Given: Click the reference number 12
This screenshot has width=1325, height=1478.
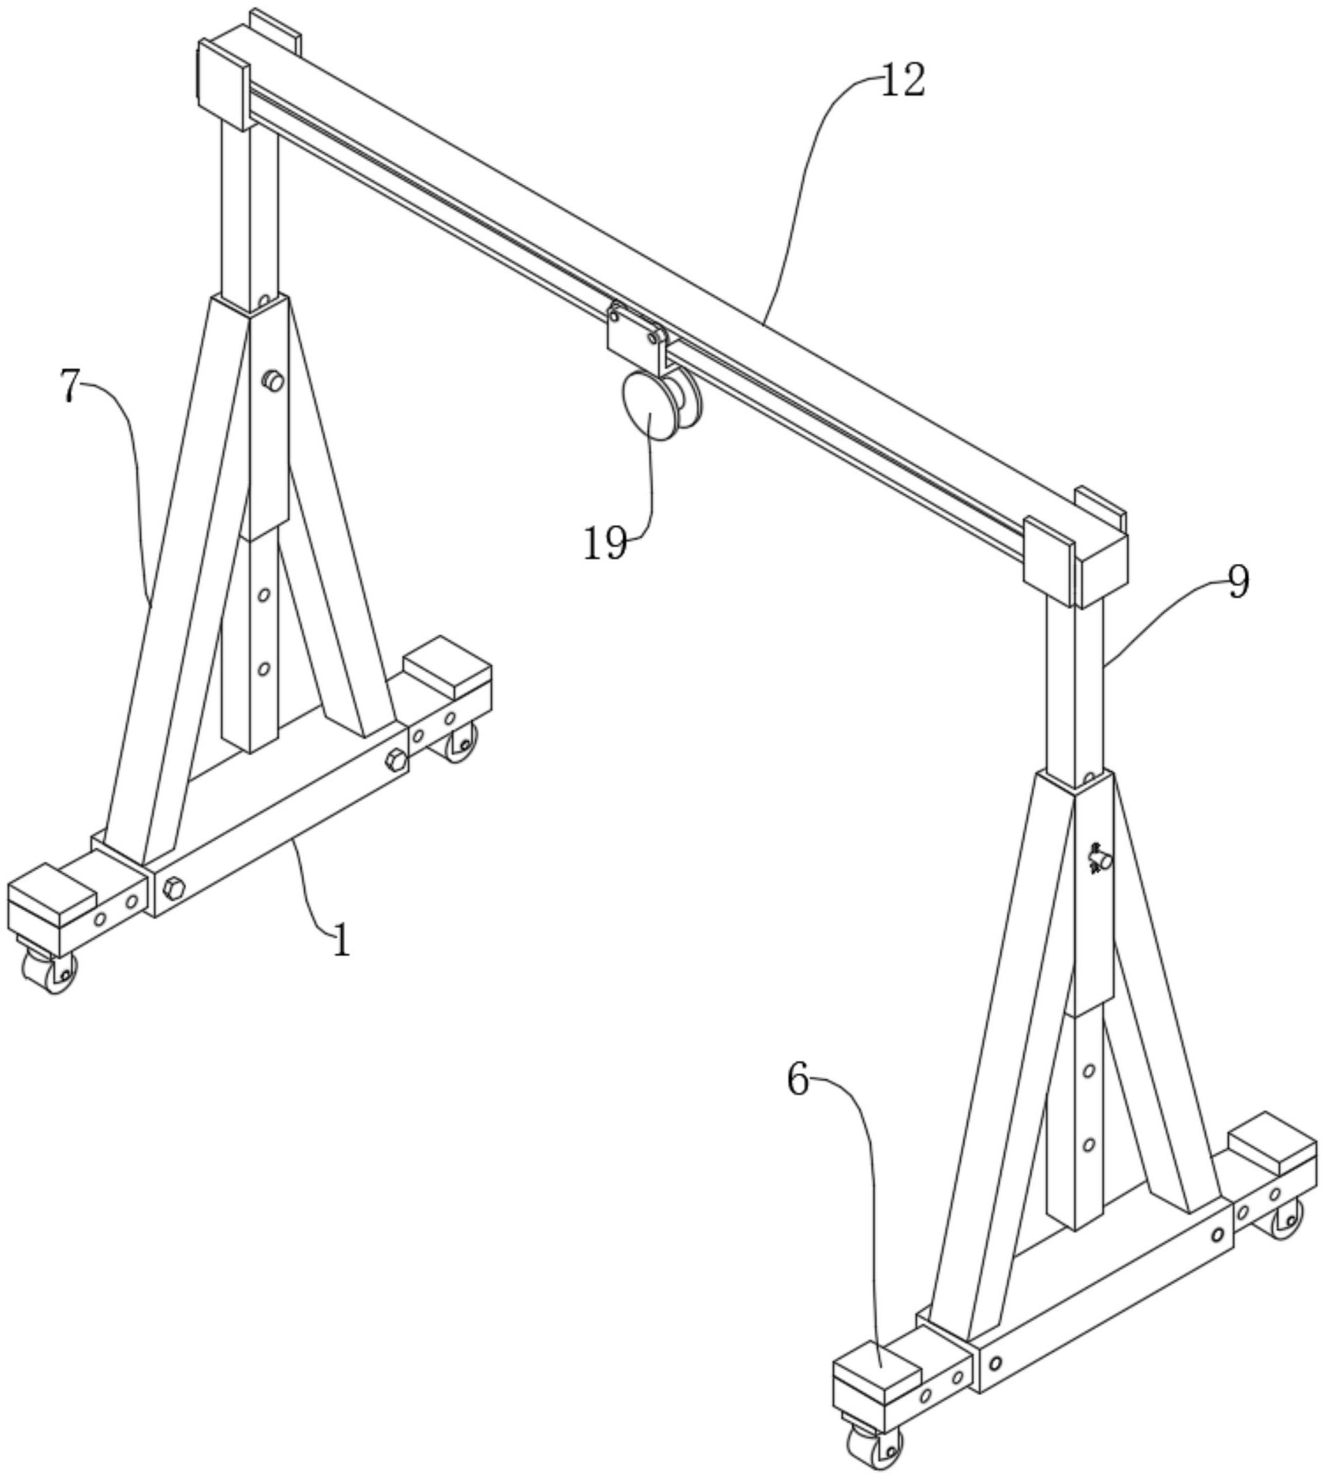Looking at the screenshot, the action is (903, 80).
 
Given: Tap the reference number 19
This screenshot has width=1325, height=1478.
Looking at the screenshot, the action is (605, 543).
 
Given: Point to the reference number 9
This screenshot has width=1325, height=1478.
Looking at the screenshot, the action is (1238, 583).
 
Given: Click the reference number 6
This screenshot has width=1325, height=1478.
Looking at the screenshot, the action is (799, 1080).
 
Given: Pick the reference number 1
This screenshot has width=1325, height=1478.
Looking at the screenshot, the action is (341, 939).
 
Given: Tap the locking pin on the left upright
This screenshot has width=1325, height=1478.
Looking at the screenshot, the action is (272, 380).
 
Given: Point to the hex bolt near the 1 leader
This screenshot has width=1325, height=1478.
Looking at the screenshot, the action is (173, 889).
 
